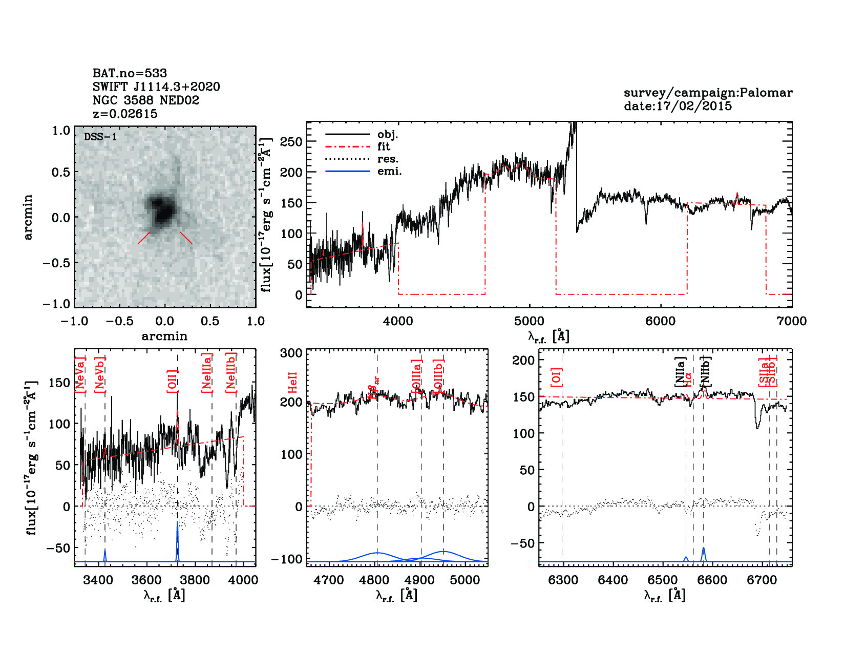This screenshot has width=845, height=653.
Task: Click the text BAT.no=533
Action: (130, 73)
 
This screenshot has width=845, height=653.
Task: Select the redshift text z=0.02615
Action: (125, 114)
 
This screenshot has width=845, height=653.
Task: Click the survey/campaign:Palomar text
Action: (708, 93)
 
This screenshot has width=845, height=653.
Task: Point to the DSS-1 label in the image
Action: (100, 137)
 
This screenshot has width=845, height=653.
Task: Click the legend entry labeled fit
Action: (384, 146)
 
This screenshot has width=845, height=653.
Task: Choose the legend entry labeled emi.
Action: (389, 171)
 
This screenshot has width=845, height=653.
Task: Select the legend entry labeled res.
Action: (388, 159)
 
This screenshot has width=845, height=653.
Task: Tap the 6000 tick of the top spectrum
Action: (660, 322)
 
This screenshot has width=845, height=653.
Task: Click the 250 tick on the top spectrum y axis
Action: (291, 142)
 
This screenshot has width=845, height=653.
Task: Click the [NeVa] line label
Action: (80, 375)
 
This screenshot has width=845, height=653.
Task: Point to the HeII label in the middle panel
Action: (293, 383)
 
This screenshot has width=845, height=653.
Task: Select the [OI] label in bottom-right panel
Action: (557, 376)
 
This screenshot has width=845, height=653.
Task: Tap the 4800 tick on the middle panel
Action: (377, 580)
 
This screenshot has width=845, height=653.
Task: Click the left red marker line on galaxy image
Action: (144, 238)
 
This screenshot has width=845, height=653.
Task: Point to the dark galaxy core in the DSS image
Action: (163, 210)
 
